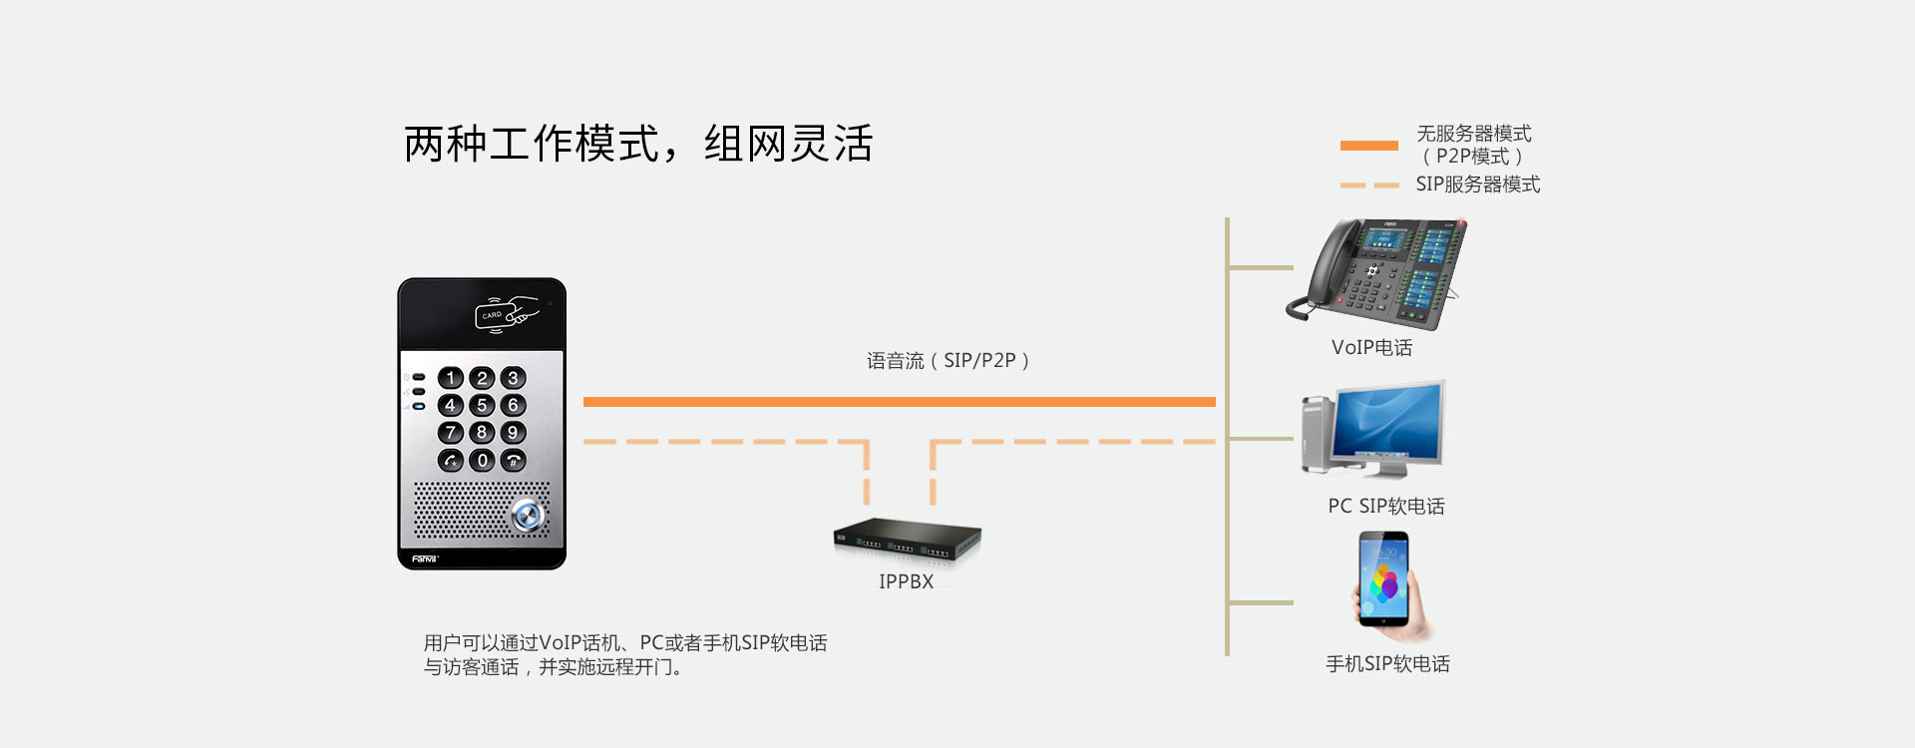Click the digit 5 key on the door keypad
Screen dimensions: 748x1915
coord(482,405)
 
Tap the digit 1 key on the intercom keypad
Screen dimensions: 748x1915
coord(451,378)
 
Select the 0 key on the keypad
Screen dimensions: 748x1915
coord(482,460)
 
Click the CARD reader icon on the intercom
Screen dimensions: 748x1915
coord(507,313)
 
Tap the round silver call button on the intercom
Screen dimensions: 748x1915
coord(527,515)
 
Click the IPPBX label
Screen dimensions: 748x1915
coord(906,581)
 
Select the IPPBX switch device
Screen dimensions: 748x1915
coord(907,540)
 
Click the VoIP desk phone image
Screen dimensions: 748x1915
coord(1377,273)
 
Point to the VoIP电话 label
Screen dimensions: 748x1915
coord(1371,347)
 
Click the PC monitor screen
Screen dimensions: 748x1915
coord(1389,424)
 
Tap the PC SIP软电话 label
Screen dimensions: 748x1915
coord(1385,506)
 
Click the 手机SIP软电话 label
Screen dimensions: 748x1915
coord(1387,664)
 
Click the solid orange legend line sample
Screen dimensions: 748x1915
coord(1368,146)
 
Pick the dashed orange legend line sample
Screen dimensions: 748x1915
coord(1368,185)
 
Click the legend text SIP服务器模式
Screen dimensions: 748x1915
coord(1477,185)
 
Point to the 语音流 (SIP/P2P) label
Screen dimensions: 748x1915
coord(948,360)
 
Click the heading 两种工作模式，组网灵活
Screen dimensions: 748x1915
coord(638,144)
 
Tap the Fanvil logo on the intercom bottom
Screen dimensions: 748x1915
coord(425,559)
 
